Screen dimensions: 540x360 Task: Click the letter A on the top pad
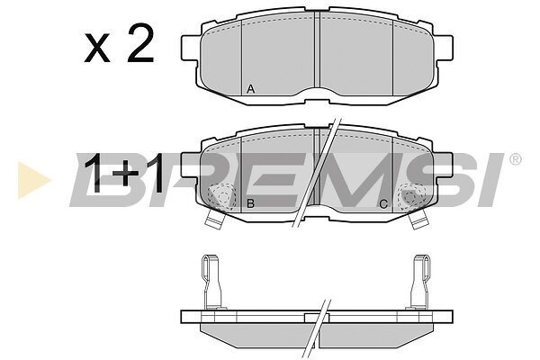tap(251, 89)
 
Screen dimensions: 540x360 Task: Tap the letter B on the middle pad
tap(251, 203)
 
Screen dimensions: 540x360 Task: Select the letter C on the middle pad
tap(383, 204)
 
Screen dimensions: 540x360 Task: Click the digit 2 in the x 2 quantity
tap(140, 43)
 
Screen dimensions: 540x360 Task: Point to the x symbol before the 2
tap(97, 49)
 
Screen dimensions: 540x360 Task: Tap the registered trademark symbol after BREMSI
tap(515, 159)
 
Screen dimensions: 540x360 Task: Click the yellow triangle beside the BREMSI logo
tap(33, 180)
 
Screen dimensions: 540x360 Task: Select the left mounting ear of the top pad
tap(191, 47)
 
